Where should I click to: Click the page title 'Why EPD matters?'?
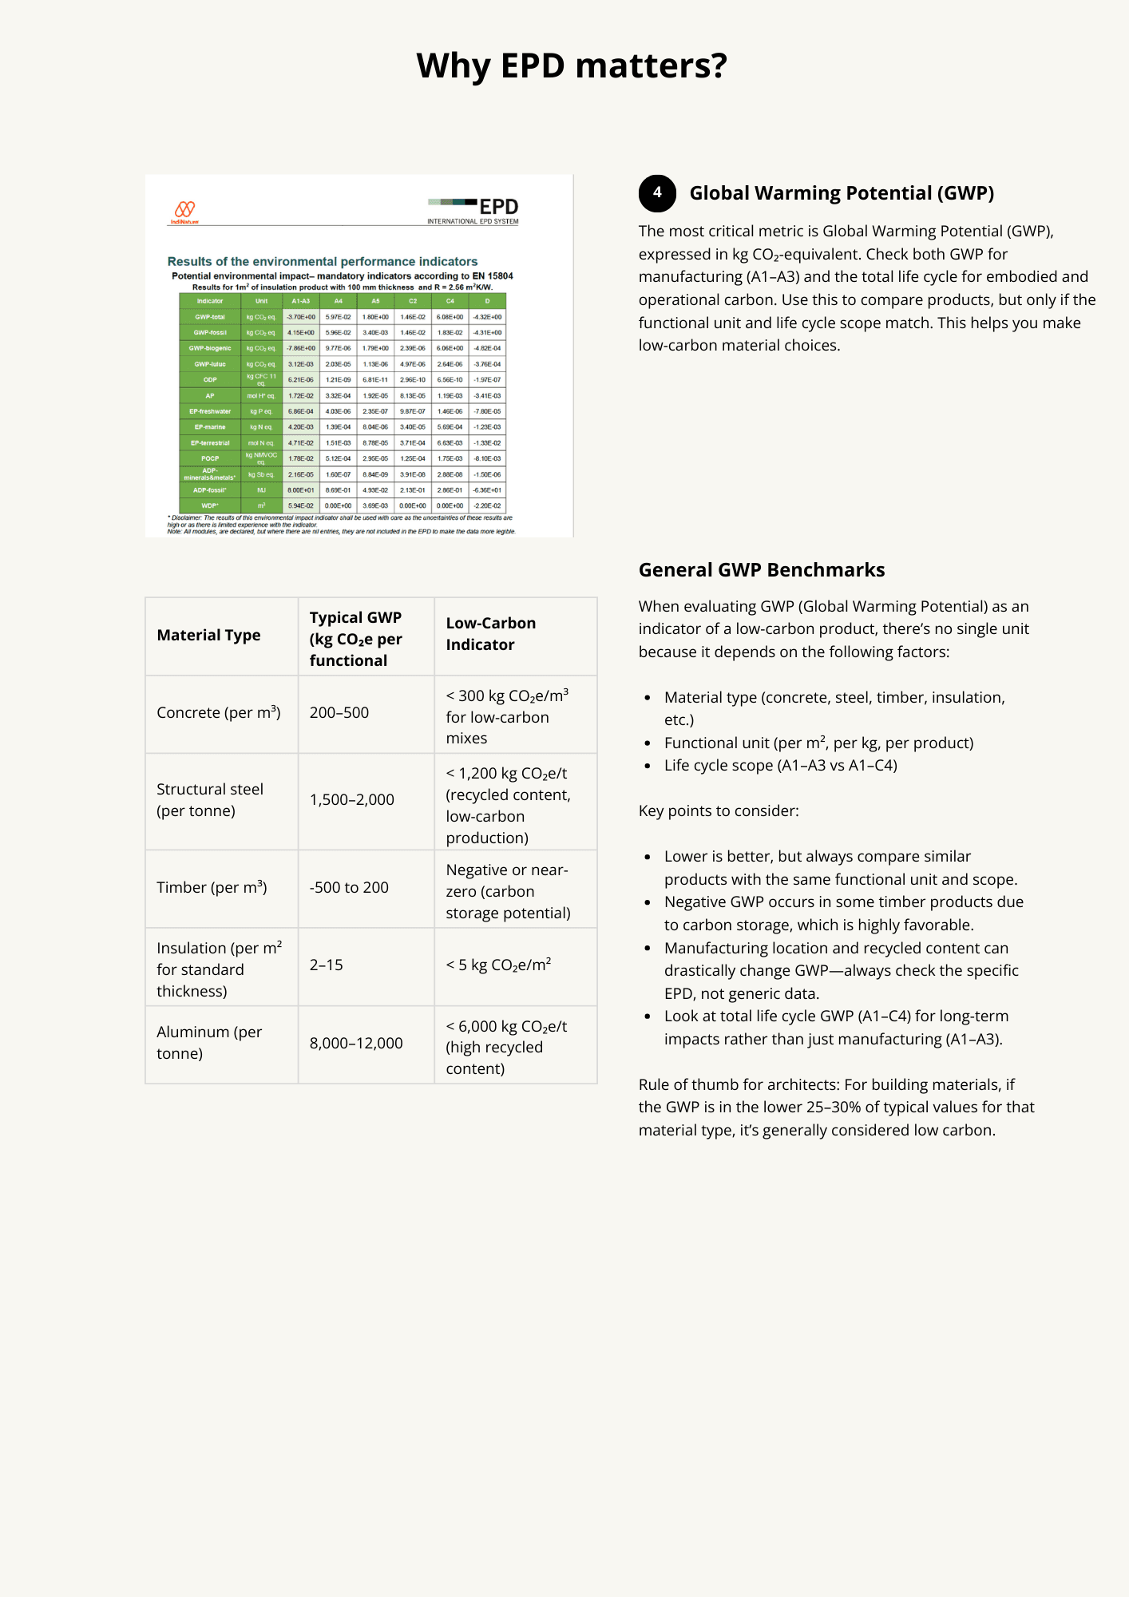point(572,65)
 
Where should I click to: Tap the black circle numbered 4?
point(657,192)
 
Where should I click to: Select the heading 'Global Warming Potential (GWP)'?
point(842,193)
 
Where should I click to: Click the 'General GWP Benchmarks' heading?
point(761,570)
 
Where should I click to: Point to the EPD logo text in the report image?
point(498,208)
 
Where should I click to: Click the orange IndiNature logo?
point(185,210)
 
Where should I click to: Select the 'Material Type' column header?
point(208,636)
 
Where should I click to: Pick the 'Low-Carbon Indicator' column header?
point(490,634)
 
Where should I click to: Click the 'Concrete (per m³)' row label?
point(218,713)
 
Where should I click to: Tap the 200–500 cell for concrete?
point(339,713)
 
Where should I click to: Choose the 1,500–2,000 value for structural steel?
point(351,800)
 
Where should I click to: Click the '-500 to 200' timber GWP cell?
point(349,888)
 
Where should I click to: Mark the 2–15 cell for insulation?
point(327,965)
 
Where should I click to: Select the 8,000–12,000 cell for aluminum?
point(356,1044)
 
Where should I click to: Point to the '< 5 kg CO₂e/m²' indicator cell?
point(498,965)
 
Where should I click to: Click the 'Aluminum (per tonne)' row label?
point(209,1043)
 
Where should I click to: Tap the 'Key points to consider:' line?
point(718,811)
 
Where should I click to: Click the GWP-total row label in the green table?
point(210,317)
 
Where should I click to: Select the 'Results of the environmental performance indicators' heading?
point(322,262)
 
